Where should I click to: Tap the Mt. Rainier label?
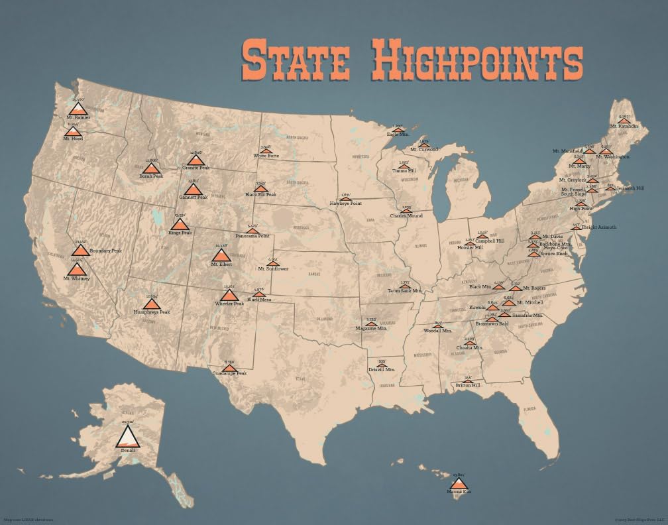[78, 117]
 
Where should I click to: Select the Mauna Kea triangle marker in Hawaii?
[458, 484]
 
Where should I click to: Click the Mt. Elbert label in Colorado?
[221, 264]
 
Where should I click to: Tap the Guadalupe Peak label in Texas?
[229, 373]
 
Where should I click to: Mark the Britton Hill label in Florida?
[468, 385]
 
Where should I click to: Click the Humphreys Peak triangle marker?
[152, 304]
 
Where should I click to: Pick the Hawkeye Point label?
[345, 202]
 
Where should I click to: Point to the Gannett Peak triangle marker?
[193, 190]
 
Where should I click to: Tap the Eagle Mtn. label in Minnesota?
[398, 135]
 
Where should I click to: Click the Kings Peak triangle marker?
[180, 225]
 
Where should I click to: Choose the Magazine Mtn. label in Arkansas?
[370, 328]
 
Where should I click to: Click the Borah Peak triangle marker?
[150, 168]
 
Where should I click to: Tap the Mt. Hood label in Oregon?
[72, 138]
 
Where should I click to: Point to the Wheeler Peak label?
[229, 304]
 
